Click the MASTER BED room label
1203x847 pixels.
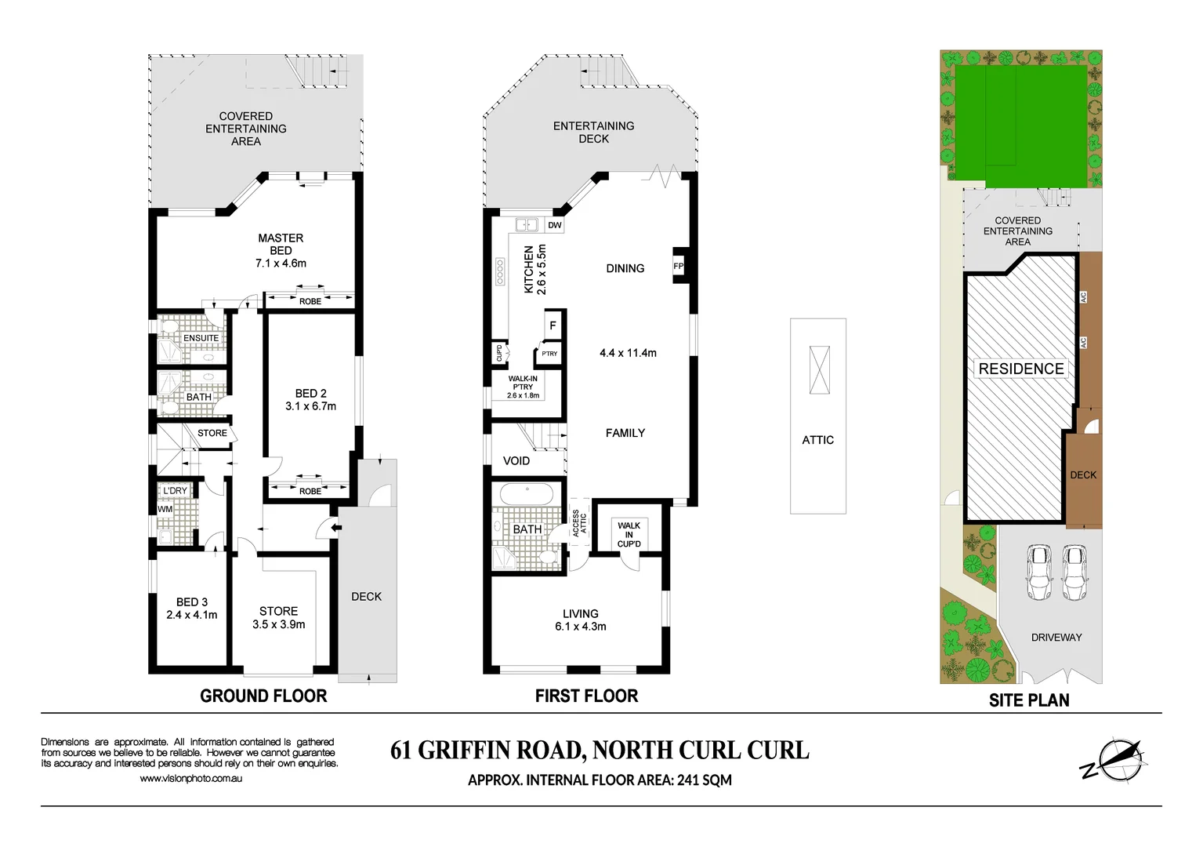281,244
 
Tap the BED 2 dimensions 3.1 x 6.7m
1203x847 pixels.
310,406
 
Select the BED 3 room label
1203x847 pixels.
192,602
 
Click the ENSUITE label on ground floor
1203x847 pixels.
201,338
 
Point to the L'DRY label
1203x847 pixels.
175,491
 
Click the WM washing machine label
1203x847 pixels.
165,509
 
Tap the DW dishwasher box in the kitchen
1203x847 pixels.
555,225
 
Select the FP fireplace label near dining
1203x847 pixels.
679,266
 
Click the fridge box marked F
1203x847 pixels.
553,325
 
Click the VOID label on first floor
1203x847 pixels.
516,460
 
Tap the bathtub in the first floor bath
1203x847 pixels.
527,494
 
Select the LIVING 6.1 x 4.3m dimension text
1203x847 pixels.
580,627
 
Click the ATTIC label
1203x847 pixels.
817,440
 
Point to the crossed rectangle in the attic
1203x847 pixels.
819,370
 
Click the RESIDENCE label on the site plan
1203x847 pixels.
1020,369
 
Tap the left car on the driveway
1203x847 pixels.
1039,572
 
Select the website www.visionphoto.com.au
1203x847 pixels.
190,779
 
